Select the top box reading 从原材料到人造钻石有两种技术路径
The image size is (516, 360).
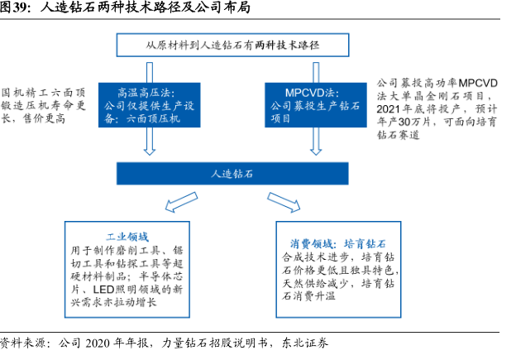tap(232, 45)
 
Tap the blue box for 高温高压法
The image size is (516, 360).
tap(150, 105)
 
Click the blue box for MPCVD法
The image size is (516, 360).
tap(316, 105)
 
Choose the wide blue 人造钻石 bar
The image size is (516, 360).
tap(232, 174)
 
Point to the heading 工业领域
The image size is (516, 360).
tap(127, 237)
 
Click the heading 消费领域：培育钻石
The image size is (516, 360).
tap(338, 244)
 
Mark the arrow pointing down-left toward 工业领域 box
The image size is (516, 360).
tap(181, 202)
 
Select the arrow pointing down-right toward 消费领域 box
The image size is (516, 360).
tap(284, 202)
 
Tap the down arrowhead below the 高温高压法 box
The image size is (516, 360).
tap(150, 151)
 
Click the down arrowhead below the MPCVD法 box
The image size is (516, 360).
tap(316, 151)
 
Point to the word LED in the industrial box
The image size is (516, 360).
tap(103, 290)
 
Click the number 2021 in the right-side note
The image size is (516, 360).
tap(388, 109)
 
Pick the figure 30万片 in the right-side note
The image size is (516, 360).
tap(414, 122)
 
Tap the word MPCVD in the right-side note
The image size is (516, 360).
tap(478, 83)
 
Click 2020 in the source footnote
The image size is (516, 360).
tap(98, 343)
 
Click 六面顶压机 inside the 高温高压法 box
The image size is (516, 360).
tap(153, 118)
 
